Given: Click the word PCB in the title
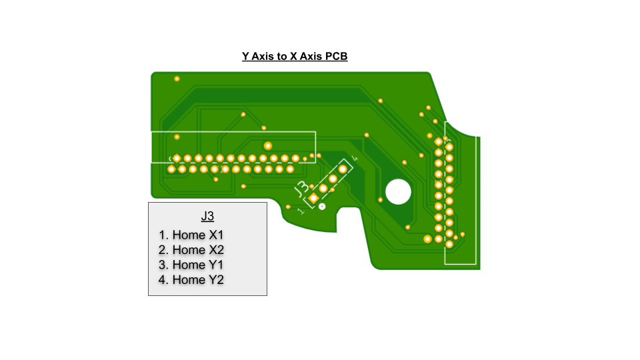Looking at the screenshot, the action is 335,56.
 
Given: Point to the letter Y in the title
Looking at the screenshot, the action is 246,56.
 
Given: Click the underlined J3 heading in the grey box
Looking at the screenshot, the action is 207,216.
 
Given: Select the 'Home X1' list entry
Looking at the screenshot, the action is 191,235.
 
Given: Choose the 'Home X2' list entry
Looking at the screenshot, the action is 191,250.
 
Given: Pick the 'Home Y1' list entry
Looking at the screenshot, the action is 191,265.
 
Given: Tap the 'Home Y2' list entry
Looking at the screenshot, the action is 191,279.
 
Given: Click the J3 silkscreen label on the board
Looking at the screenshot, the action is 301,188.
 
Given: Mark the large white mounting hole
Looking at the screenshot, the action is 399,191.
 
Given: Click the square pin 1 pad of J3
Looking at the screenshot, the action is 313,199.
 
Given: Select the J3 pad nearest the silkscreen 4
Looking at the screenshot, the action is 343,169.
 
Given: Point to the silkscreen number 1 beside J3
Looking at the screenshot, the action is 301,211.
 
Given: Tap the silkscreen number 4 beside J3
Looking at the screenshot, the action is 355,158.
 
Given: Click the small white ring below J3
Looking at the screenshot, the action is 322,207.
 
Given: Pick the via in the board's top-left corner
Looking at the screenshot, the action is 177,79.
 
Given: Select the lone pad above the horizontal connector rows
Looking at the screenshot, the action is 268,146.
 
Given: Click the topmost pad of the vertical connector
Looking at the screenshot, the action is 439,141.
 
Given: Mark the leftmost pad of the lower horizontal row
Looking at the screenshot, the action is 171,169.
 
